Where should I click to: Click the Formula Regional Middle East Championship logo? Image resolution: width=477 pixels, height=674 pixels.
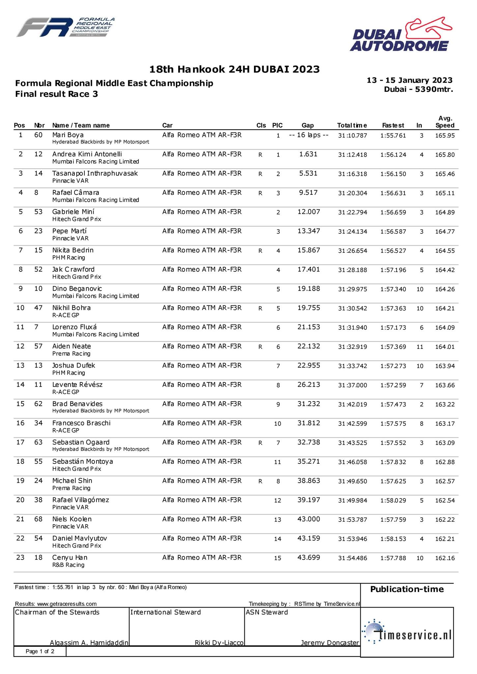pyautogui.click(x=66, y=28)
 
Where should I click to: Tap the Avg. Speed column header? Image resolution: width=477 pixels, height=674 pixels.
pyautogui.click(x=445, y=122)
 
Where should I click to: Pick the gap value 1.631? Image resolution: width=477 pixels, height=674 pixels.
pyautogui.click(x=308, y=154)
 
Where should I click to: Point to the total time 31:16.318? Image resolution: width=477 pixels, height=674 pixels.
pyautogui.click(x=352, y=174)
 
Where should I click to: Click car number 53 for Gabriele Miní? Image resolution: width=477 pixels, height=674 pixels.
pyautogui.click(x=39, y=212)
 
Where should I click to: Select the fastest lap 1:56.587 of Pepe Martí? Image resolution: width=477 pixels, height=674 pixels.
pyautogui.click(x=393, y=232)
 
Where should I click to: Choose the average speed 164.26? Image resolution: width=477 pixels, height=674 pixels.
pyautogui.click(x=445, y=289)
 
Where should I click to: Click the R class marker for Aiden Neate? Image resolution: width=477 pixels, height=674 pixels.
pyautogui.click(x=260, y=347)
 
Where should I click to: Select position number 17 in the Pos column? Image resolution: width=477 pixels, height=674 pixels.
pyautogui.click(x=20, y=442)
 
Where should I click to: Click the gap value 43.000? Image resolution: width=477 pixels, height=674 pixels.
pyautogui.click(x=308, y=519)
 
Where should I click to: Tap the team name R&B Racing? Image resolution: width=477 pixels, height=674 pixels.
pyautogui.click(x=68, y=565)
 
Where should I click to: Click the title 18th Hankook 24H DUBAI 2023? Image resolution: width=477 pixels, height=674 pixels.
pyautogui.click(x=234, y=69)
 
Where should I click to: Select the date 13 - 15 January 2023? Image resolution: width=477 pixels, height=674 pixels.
pyautogui.click(x=409, y=80)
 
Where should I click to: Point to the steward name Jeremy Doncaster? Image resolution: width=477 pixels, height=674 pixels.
pyautogui.click(x=330, y=643)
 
